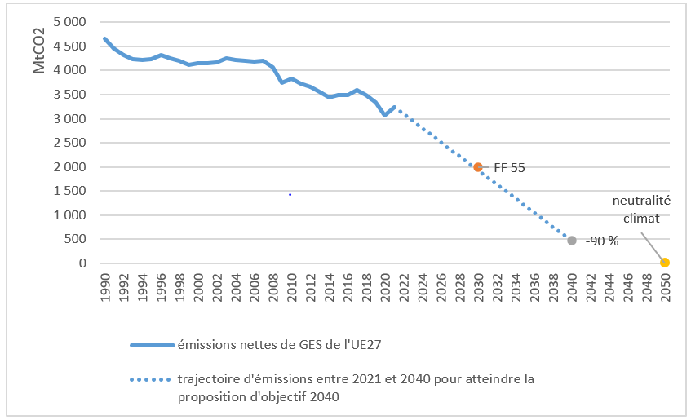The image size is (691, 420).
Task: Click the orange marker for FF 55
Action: click(478, 167)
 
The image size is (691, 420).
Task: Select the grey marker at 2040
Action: click(572, 241)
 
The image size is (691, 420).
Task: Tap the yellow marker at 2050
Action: click(665, 263)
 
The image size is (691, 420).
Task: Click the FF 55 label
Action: click(509, 168)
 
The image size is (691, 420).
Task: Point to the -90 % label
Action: click(603, 241)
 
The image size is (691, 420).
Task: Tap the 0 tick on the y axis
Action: click(82, 263)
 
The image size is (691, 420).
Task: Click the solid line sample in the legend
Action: click(153, 345)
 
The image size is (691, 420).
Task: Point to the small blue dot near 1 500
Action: click(290, 195)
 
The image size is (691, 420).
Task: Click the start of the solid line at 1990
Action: click(105, 38)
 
